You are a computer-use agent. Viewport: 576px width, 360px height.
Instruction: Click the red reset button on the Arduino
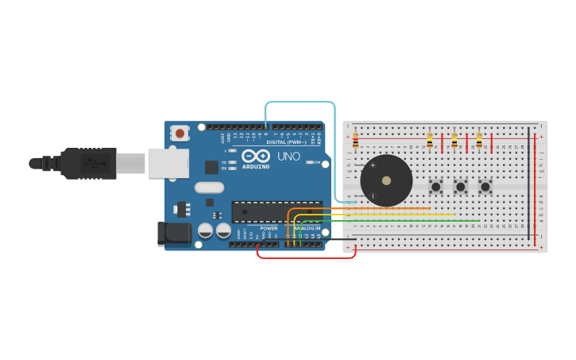(x=180, y=134)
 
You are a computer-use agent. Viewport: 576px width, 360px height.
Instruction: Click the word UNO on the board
(x=289, y=156)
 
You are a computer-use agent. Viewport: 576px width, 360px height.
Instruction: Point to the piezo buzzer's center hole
(x=386, y=180)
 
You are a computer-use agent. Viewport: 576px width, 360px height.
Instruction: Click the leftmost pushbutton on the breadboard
(x=435, y=188)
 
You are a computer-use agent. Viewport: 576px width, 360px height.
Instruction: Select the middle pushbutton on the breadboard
(x=460, y=188)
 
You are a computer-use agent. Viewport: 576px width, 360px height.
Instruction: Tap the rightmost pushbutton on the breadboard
(x=485, y=188)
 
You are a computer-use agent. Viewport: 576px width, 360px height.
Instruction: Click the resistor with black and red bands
(x=355, y=141)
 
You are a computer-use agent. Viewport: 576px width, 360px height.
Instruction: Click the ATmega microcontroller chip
(x=274, y=211)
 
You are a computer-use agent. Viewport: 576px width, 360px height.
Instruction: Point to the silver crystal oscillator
(x=209, y=188)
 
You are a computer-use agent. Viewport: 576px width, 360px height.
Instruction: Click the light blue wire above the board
(x=302, y=103)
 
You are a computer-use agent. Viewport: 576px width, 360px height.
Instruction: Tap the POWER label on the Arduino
(x=269, y=228)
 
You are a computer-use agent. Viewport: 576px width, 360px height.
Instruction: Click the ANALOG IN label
(x=308, y=228)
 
